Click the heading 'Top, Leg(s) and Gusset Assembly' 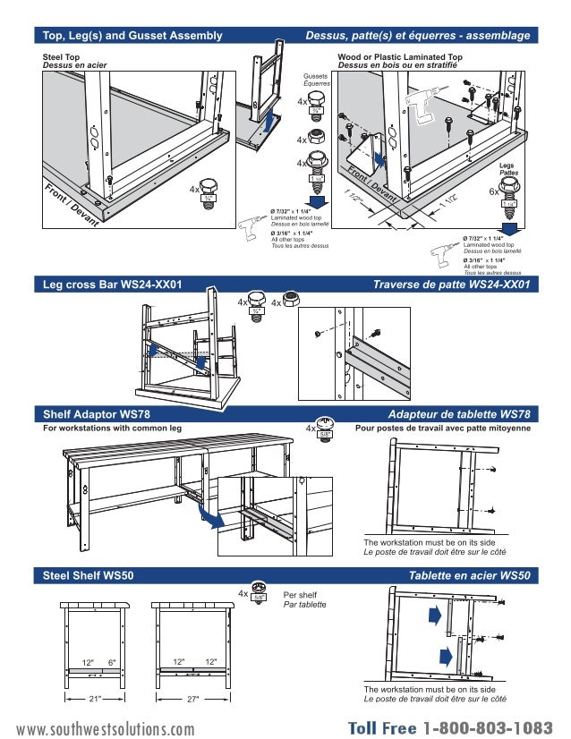click(132, 36)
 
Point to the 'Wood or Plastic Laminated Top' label click(399, 56)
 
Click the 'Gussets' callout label click(315, 77)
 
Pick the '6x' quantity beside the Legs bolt click(493, 191)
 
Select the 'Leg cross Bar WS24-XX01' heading click(113, 285)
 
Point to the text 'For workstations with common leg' click(113, 429)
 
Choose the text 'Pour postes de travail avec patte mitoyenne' click(443, 429)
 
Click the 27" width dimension click(192, 699)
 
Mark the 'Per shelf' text click(299, 594)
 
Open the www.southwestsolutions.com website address click(105, 729)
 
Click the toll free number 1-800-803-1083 click(489, 727)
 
